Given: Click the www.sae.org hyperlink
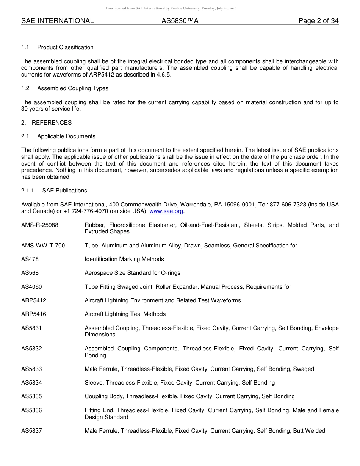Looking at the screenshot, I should click(166, 211).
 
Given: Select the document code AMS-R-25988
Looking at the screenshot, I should click(40, 225).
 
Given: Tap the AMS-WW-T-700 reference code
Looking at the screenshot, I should click(43, 246).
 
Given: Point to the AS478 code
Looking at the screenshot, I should click(30, 259).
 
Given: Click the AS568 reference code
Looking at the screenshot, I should click(30, 273).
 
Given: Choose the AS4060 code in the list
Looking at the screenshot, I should click(31, 287).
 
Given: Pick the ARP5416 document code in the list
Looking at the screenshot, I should click(34, 314).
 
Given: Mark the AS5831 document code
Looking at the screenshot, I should click(31, 328).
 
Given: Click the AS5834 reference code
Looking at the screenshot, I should click(31, 383).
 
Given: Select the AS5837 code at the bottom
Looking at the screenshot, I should click(31, 431).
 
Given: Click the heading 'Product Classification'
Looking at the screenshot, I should click(65, 47).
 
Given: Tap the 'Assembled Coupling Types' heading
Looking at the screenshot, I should click(73, 88).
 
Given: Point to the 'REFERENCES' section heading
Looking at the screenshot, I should click(52, 123).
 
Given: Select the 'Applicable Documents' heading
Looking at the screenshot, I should click(66, 136).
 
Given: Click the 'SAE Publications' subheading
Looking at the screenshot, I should click(64, 191).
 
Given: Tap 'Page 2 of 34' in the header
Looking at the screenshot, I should click(318, 21).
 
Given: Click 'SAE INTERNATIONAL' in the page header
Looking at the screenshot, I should click(58, 21).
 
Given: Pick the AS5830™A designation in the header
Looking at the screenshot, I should click(180, 21).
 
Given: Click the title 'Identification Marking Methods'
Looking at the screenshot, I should click(124, 259).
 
